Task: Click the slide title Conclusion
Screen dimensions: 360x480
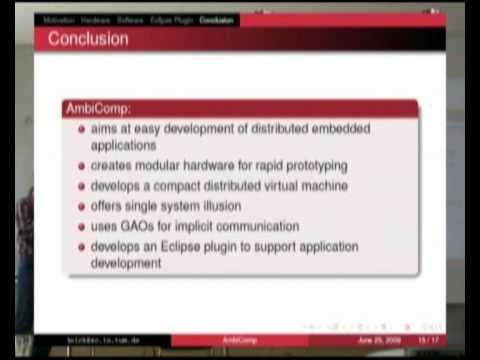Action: click(89, 39)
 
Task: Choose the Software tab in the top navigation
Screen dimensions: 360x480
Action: click(130, 19)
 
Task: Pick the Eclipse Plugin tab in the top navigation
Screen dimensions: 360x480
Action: click(172, 19)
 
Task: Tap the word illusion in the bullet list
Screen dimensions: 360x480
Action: click(242, 206)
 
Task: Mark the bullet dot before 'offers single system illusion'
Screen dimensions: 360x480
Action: click(82, 206)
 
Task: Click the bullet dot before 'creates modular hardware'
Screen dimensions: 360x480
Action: click(82, 166)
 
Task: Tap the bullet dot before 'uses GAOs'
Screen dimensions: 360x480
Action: click(82, 226)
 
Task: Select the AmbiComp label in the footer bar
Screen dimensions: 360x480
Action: click(238, 340)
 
